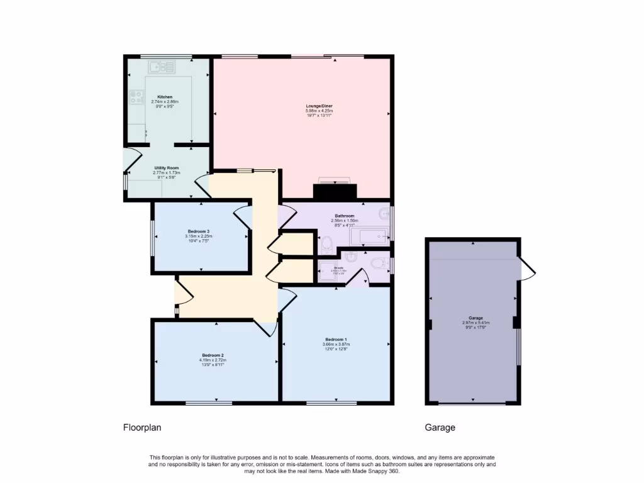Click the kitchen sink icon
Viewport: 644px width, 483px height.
pyautogui.click(x=162, y=65)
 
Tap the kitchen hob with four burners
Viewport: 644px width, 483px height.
pyautogui.click(x=136, y=97)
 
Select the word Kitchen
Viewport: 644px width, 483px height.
pyautogui.click(x=165, y=97)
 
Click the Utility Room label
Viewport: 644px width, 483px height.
pyautogui.click(x=166, y=168)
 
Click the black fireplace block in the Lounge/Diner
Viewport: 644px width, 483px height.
pyautogui.click(x=335, y=191)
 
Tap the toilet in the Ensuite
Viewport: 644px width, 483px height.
pyautogui.click(x=378, y=264)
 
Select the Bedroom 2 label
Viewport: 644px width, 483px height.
pyautogui.click(x=213, y=355)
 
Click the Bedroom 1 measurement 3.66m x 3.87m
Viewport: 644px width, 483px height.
pyautogui.click(x=334, y=344)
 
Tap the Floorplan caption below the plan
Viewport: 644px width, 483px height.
pyautogui.click(x=142, y=428)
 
